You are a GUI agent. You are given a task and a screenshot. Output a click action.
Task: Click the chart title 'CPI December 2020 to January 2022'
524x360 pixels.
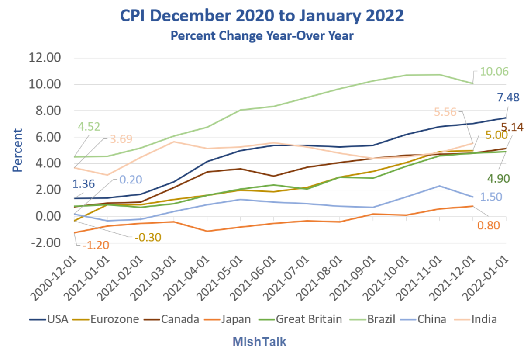point(262,16)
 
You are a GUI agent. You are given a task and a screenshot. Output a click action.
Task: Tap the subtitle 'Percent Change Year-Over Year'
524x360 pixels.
point(262,36)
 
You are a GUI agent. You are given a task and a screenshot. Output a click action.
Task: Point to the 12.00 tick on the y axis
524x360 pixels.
point(45,58)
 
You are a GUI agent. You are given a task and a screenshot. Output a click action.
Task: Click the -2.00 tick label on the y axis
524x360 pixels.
point(45,243)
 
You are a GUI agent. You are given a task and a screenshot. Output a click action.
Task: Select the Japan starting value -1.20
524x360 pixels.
point(96,246)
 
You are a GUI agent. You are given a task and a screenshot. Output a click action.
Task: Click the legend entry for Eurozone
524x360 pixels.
point(115,319)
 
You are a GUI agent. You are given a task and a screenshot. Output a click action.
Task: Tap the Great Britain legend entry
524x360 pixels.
point(309,319)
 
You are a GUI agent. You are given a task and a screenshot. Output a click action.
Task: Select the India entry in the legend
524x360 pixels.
point(484,319)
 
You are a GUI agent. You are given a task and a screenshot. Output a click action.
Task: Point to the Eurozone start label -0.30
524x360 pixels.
point(148,237)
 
